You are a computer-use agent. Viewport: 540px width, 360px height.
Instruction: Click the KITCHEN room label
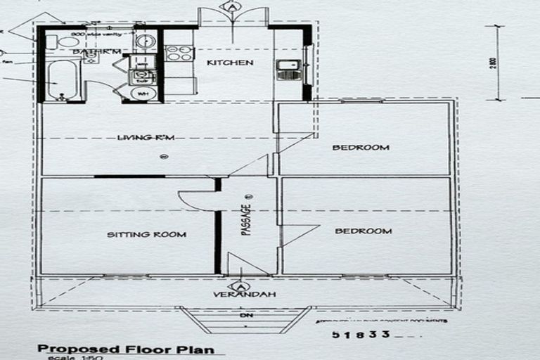(230, 63)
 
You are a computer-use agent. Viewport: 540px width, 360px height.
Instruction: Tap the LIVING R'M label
(144, 137)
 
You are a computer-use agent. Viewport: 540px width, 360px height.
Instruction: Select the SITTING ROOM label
(146, 234)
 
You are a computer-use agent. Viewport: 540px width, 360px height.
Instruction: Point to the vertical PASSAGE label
(246, 219)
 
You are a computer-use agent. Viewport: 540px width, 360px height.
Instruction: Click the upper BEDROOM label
(361, 147)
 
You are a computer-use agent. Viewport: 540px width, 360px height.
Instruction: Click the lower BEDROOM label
(363, 231)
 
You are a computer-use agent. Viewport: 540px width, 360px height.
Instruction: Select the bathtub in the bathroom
(62, 82)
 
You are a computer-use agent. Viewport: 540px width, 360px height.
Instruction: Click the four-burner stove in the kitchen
(179, 53)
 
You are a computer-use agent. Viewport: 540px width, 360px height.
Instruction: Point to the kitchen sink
(288, 69)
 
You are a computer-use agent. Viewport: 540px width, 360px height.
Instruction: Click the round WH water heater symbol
(143, 92)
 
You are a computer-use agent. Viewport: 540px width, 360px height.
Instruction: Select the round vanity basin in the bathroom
(144, 41)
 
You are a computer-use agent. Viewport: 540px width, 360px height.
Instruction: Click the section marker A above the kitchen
(231, 6)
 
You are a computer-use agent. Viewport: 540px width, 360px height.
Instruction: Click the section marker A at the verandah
(240, 286)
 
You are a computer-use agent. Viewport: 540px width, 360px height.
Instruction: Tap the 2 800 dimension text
(494, 63)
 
